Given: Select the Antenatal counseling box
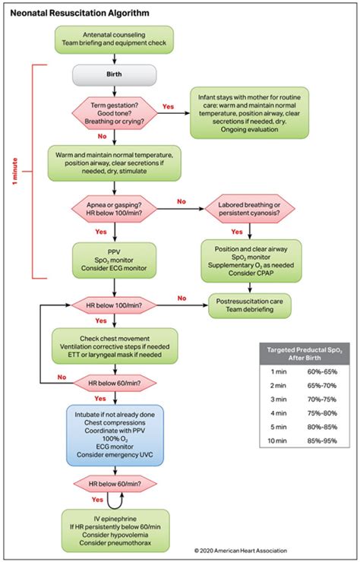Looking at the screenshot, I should pyautogui.click(x=114, y=39).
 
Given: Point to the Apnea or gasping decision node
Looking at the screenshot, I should pyautogui.click(x=114, y=209).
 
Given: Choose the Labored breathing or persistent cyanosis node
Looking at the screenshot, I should pyautogui.click(x=251, y=209).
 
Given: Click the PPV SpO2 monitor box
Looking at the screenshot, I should pyautogui.click(x=114, y=258).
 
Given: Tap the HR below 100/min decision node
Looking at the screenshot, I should pyautogui.click(x=114, y=305).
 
